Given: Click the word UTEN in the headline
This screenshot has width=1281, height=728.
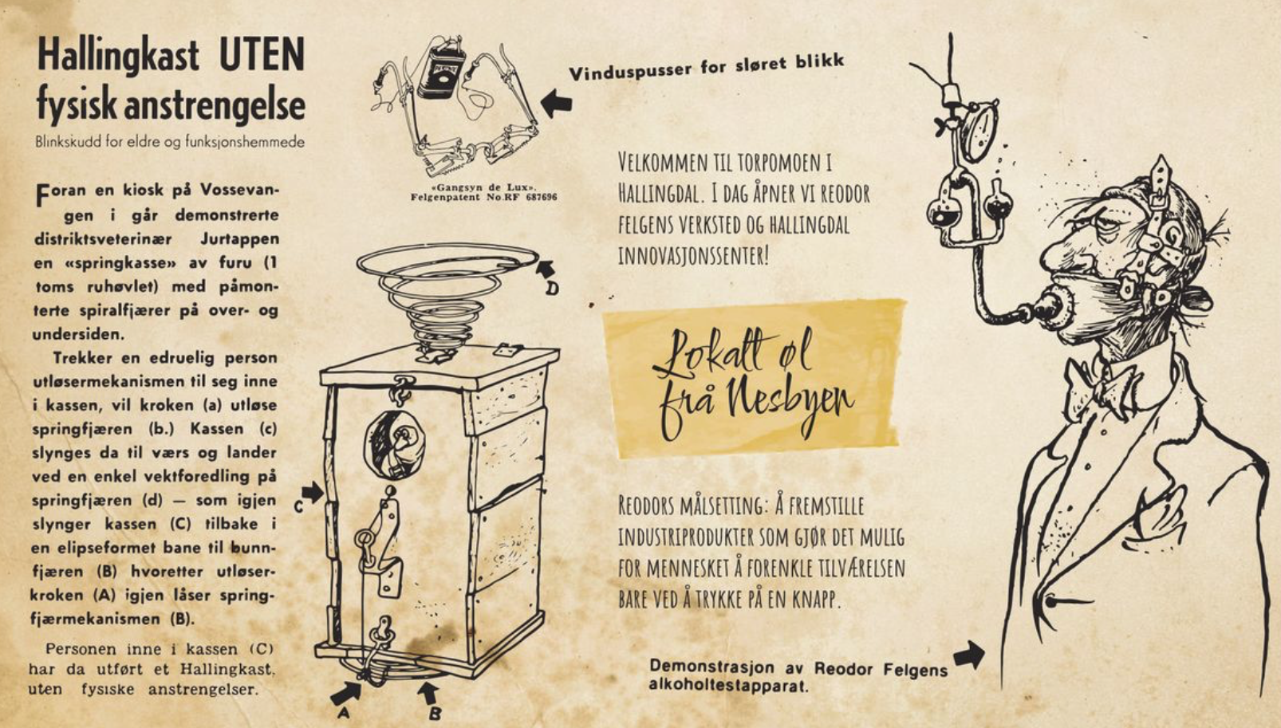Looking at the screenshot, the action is pyautogui.click(x=262, y=54).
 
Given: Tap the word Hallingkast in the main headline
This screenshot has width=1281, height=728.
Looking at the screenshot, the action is pyautogui.click(x=118, y=56).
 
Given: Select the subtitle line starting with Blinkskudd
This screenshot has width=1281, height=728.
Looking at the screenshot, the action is pyautogui.click(x=170, y=142).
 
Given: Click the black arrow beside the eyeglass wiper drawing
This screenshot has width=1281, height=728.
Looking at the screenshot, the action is pyautogui.click(x=557, y=104).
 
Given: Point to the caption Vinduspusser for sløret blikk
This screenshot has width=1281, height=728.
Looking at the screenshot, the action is pyautogui.click(x=706, y=66).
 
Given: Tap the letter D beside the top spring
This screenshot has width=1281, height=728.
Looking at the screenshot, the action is pyautogui.click(x=551, y=289).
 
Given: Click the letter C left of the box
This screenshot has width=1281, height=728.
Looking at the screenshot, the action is pyautogui.click(x=298, y=506).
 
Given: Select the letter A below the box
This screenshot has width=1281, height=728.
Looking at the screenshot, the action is pyautogui.click(x=342, y=713).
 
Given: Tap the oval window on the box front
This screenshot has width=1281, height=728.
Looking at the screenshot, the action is pyautogui.click(x=395, y=445).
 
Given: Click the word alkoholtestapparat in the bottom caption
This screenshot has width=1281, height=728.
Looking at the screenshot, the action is pyautogui.click(x=728, y=685).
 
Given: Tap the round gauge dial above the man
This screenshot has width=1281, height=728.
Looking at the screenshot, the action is pyautogui.click(x=979, y=132).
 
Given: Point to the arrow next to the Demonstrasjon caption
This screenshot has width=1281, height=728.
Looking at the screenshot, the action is pyautogui.click(x=969, y=655).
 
